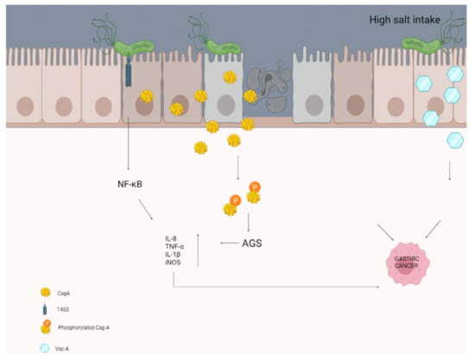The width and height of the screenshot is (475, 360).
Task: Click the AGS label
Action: [x=250, y=243]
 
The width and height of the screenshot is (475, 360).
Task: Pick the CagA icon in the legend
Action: [x=45, y=294]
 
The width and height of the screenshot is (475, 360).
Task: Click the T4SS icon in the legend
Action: [x=45, y=312]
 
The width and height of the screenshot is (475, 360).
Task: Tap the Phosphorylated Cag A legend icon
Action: [x=46, y=328]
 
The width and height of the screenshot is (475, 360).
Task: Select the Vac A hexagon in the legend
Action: [x=45, y=347]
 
